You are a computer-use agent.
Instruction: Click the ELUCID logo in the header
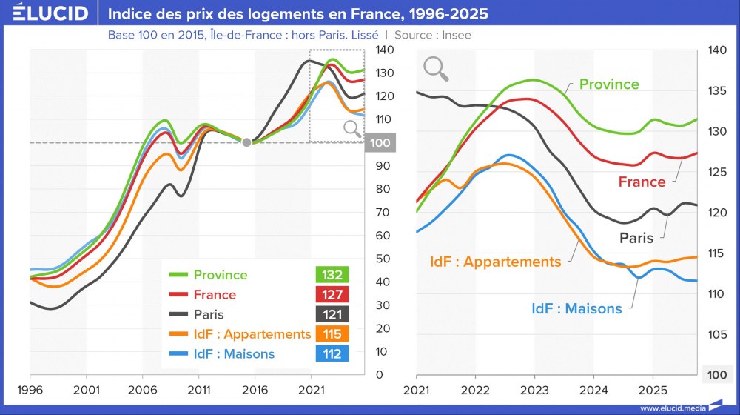[x=50, y=13]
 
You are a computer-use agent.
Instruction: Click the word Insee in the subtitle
[x=454, y=35]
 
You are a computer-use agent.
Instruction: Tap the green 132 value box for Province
[x=332, y=275]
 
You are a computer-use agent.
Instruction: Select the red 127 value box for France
[x=332, y=295]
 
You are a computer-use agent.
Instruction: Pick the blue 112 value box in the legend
[x=332, y=354]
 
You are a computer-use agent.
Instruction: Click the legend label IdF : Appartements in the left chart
[x=252, y=334]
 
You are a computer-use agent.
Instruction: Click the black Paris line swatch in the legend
[x=178, y=314]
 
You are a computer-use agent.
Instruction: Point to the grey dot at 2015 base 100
[x=246, y=142]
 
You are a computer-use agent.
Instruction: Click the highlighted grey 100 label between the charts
[x=382, y=142]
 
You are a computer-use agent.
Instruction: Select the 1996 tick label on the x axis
[x=30, y=389]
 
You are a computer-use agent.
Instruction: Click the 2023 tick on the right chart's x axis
[x=534, y=389]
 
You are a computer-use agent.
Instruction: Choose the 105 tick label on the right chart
[x=718, y=334]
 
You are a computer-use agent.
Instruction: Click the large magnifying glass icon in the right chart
[x=437, y=69]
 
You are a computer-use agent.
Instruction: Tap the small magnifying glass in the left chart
[x=353, y=130]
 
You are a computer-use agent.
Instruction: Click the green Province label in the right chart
[x=609, y=84]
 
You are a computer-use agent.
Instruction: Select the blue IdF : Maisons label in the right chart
[x=576, y=308]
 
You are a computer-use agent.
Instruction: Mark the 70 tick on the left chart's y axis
[x=383, y=212]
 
